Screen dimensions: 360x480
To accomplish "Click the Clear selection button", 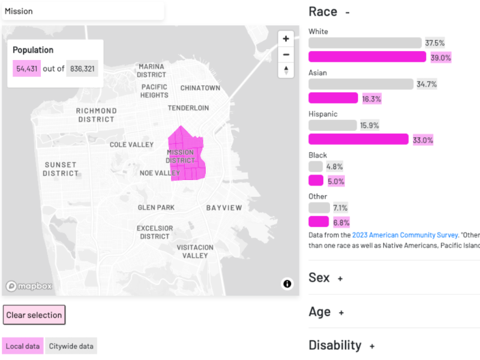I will pos(34,315).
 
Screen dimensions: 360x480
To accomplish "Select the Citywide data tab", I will pos(71,346).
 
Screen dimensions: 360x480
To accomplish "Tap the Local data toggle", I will pos(23,346).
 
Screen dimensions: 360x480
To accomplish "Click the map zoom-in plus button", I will pos(286,39).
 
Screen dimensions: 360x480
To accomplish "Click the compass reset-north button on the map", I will pos(286,70).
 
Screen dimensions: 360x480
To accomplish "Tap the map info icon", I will pos(287,284).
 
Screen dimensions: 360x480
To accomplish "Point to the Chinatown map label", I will pos(200,88).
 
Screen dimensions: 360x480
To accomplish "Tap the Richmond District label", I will pos(96,115).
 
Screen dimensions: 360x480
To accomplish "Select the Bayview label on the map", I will pos(224,208).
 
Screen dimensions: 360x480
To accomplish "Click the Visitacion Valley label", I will pos(195,251).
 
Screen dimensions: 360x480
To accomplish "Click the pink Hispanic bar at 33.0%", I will pos(358,140).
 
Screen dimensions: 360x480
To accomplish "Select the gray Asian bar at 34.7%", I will pos(361,84).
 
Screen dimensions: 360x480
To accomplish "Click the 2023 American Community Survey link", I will pos(406,235).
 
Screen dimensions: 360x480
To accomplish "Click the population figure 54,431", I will pos(27,68).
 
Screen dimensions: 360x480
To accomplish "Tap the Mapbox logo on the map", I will pos(29,286).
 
